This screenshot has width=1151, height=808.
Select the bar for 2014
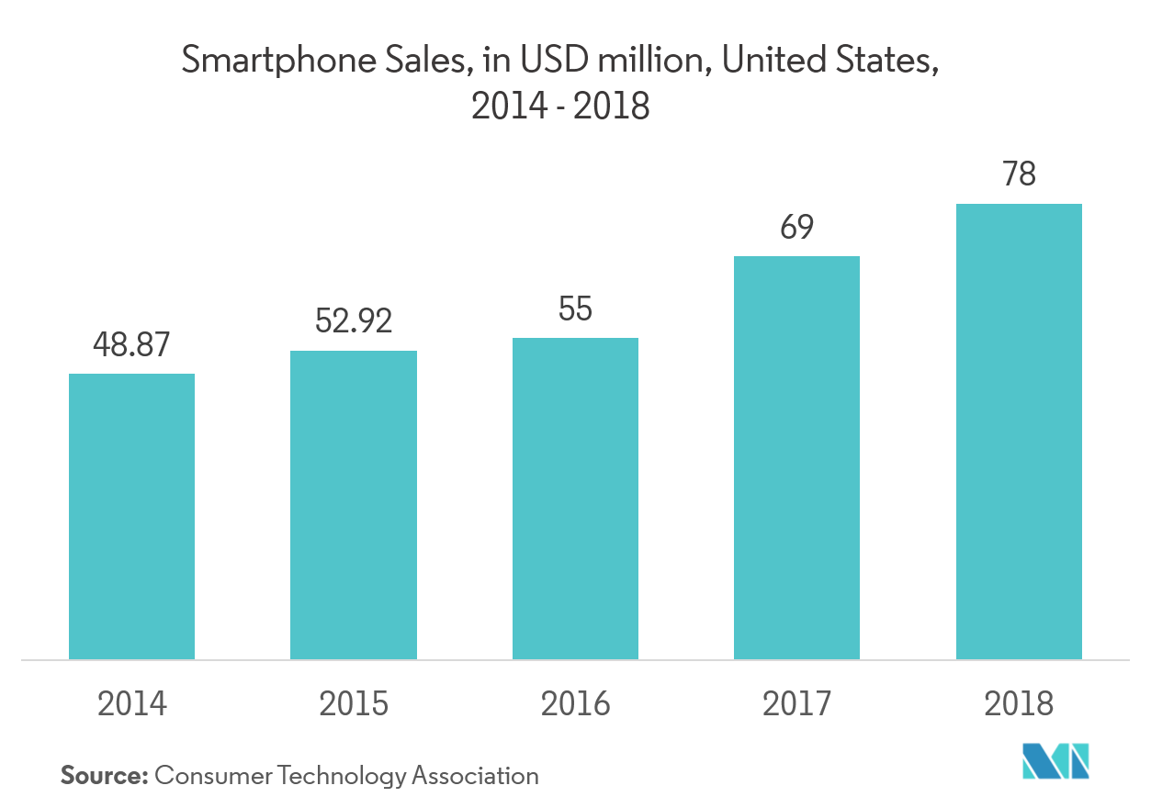[131, 516]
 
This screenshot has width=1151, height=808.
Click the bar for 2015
[354, 505]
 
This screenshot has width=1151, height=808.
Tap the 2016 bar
[575, 499]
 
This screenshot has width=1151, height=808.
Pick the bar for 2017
[796, 457]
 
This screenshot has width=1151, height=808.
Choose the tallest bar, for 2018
[1019, 432]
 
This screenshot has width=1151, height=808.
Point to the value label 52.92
[354, 321]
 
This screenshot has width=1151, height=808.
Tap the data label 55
[575, 309]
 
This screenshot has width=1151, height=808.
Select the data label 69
[796, 228]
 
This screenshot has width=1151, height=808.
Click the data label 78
[1019, 174]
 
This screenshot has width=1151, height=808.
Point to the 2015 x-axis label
[354, 703]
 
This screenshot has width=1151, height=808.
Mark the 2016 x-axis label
[575, 703]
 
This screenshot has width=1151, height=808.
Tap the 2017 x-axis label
[796, 703]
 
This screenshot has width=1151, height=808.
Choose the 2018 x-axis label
[1019, 703]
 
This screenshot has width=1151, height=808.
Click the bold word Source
[104, 775]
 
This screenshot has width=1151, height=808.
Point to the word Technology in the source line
[350, 776]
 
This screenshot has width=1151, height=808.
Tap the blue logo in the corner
[1056, 759]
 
